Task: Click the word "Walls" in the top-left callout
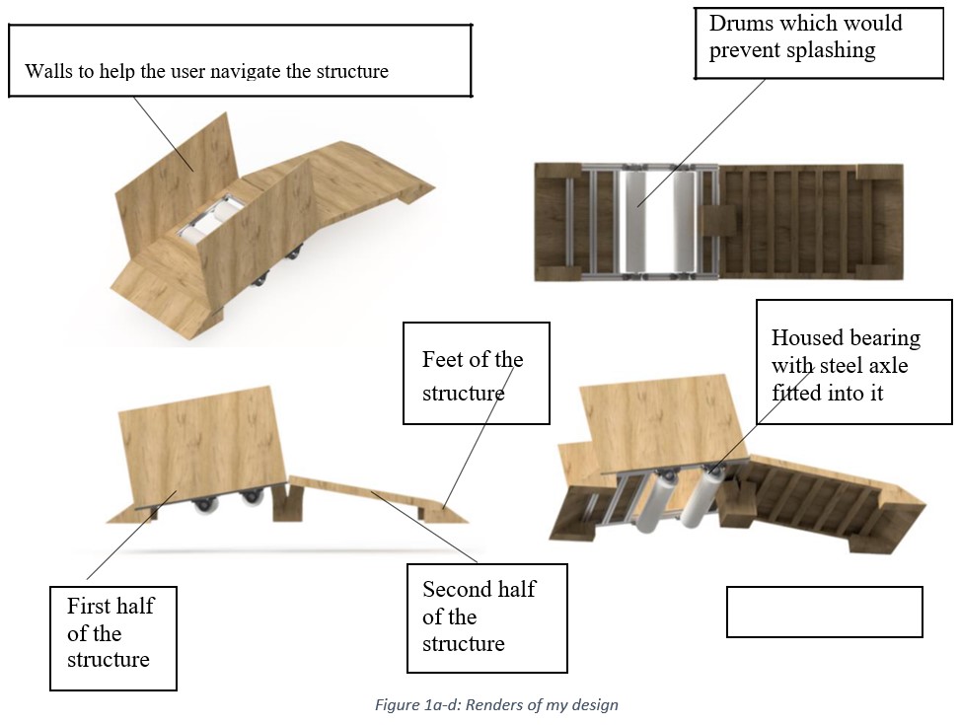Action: click(x=45, y=71)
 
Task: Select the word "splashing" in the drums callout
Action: click(x=830, y=50)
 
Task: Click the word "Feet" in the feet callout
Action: click(x=441, y=359)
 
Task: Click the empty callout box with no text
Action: click(x=824, y=612)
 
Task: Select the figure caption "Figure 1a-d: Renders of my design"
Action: click(x=496, y=704)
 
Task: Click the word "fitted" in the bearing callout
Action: click(x=797, y=393)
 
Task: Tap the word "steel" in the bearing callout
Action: click(x=837, y=366)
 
